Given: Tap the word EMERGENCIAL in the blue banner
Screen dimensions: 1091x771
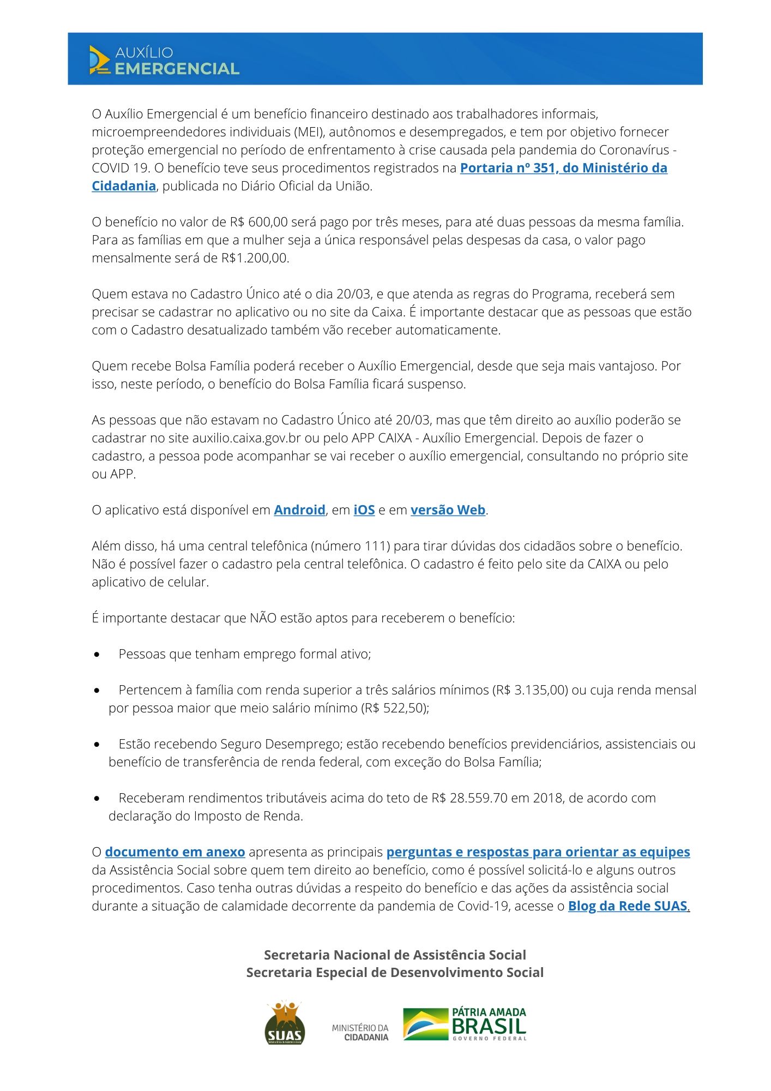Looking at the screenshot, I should point(177,69).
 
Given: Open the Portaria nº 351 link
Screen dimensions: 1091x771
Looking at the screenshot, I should point(563,168).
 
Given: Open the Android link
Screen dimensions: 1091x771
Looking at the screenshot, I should point(299,510).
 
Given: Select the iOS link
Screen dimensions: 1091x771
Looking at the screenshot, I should point(364,510).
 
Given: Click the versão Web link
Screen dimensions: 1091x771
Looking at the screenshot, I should point(448,510).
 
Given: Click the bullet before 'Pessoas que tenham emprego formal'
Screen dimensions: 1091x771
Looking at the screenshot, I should point(97,655).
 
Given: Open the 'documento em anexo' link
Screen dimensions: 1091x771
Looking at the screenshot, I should point(174,852).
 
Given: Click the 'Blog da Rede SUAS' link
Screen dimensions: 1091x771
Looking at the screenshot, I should point(627,906).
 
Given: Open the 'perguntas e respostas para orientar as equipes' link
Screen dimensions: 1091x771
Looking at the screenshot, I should point(538,852).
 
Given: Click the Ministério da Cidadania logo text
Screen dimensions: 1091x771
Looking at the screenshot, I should point(360,1032).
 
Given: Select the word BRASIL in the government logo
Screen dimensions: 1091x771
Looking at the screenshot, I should point(489,1026).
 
